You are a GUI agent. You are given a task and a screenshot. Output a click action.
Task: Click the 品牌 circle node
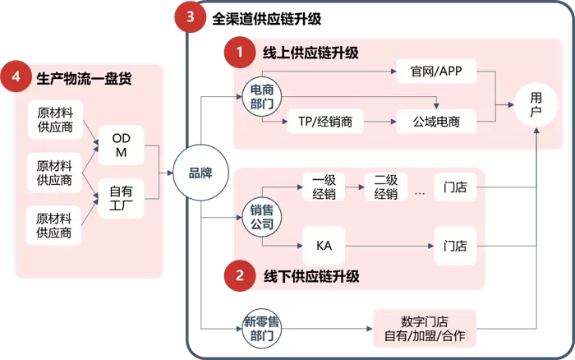point(200,173)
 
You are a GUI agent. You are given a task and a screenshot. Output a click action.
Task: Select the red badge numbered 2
point(240,276)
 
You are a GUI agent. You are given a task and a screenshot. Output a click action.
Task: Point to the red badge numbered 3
point(191,16)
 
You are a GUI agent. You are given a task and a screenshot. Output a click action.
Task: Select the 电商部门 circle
point(262,97)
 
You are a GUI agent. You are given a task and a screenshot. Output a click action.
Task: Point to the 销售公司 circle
point(262,217)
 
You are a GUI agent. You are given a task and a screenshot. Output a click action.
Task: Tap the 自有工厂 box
point(121,197)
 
